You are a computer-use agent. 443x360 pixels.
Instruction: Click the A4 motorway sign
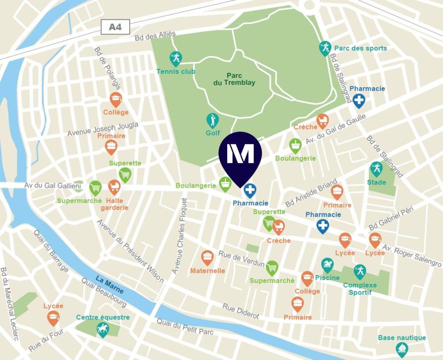[116, 27]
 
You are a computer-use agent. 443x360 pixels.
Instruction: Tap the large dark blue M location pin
[240, 156]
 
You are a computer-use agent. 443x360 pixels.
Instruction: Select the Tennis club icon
[176, 59]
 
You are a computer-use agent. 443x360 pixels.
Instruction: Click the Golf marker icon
[212, 120]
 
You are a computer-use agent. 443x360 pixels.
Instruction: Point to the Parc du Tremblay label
[234, 79]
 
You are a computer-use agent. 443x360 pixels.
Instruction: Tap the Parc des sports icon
[325, 48]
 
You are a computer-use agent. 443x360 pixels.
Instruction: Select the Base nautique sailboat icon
[402, 349]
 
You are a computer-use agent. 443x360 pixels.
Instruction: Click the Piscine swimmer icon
[327, 265]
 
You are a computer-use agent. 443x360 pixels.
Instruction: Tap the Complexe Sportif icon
[360, 271]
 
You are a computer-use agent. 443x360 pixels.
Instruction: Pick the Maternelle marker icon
[208, 257]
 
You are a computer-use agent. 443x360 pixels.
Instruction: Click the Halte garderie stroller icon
[114, 187]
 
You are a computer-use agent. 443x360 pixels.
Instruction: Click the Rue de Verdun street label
[241, 259]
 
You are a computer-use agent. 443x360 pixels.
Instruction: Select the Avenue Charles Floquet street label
[180, 236]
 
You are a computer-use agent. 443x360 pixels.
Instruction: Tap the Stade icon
[376, 169]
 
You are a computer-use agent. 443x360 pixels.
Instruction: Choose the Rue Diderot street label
[241, 311]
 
